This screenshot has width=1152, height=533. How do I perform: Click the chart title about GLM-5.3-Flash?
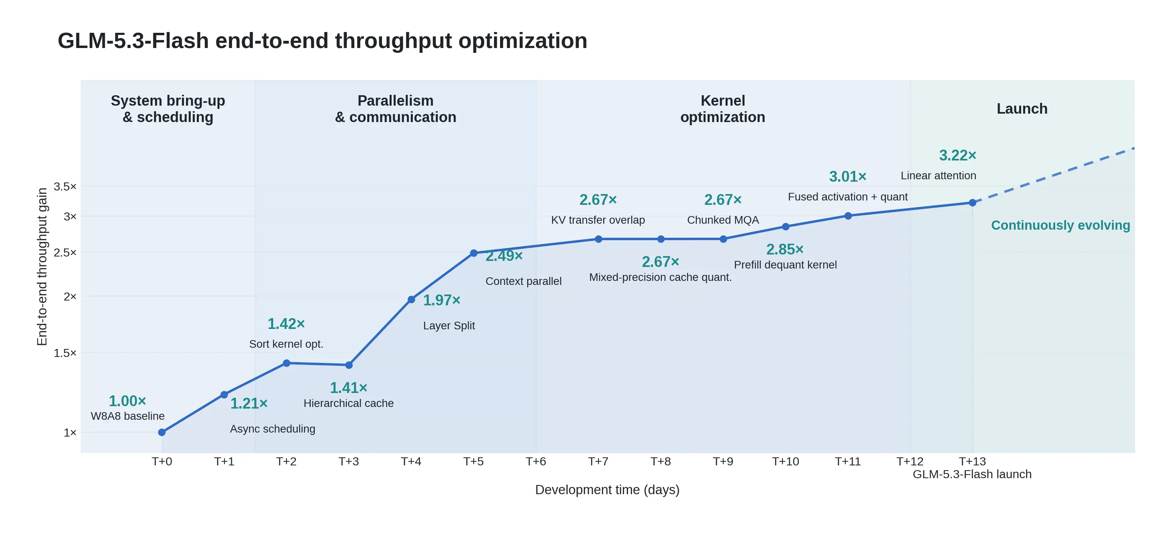coord(322,41)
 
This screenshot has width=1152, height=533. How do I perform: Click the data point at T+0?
coord(162,432)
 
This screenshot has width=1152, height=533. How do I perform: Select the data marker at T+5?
coord(474,253)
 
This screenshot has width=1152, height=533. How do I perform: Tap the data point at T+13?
coord(972,203)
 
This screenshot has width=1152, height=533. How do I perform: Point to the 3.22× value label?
coord(958,155)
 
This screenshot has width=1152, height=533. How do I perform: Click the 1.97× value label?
coord(442,300)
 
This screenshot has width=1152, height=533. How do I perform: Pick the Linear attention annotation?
coord(938,175)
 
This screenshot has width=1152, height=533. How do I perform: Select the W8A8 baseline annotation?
coord(128,416)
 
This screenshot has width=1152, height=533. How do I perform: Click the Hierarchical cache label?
coord(348,403)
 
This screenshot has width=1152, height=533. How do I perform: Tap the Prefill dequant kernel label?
coord(785,265)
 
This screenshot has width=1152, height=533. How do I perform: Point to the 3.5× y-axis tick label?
coord(65,186)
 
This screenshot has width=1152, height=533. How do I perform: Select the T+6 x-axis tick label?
coord(536,461)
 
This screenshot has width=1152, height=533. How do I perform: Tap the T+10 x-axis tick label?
coord(785,461)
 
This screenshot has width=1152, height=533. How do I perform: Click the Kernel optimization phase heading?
coord(723,109)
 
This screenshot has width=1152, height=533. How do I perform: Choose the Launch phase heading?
coord(1022,109)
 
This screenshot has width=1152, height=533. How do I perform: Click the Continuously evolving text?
coord(1060,225)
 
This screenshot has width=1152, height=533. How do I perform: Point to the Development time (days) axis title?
coord(607,490)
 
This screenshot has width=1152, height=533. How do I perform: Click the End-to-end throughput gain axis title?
coord(42,267)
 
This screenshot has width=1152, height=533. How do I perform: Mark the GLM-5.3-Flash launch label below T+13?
coord(972,474)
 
